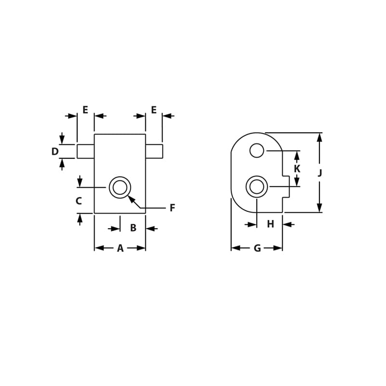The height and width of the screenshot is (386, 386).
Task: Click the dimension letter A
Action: click(120, 248)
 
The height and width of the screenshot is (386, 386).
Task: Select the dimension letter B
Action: click(133, 228)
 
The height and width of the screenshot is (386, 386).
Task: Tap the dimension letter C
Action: click(79, 201)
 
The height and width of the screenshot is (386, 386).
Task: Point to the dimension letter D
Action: click(55, 152)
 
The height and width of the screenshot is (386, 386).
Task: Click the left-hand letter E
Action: click(85, 110)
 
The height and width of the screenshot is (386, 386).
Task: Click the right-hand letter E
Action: click(154, 110)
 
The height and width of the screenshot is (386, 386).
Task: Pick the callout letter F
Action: click(172, 208)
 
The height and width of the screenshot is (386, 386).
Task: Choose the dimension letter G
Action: click(257, 248)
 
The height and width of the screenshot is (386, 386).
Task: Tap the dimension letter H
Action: click(270, 224)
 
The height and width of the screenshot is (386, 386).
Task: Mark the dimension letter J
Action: click(319, 173)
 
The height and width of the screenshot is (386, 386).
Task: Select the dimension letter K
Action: click(297, 169)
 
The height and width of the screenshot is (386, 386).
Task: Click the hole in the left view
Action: click(120, 187)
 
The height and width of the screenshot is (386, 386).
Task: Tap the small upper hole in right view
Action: click(257, 151)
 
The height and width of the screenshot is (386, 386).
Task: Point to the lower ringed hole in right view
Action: click(257, 187)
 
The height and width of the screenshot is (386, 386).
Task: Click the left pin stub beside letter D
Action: click(85, 151)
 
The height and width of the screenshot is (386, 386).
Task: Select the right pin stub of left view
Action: click(154, 151)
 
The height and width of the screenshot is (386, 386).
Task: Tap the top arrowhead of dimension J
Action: click(319, 138)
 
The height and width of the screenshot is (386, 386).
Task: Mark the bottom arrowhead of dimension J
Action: click(319, 208)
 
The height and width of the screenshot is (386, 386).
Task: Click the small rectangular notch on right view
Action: click(286, 187)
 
